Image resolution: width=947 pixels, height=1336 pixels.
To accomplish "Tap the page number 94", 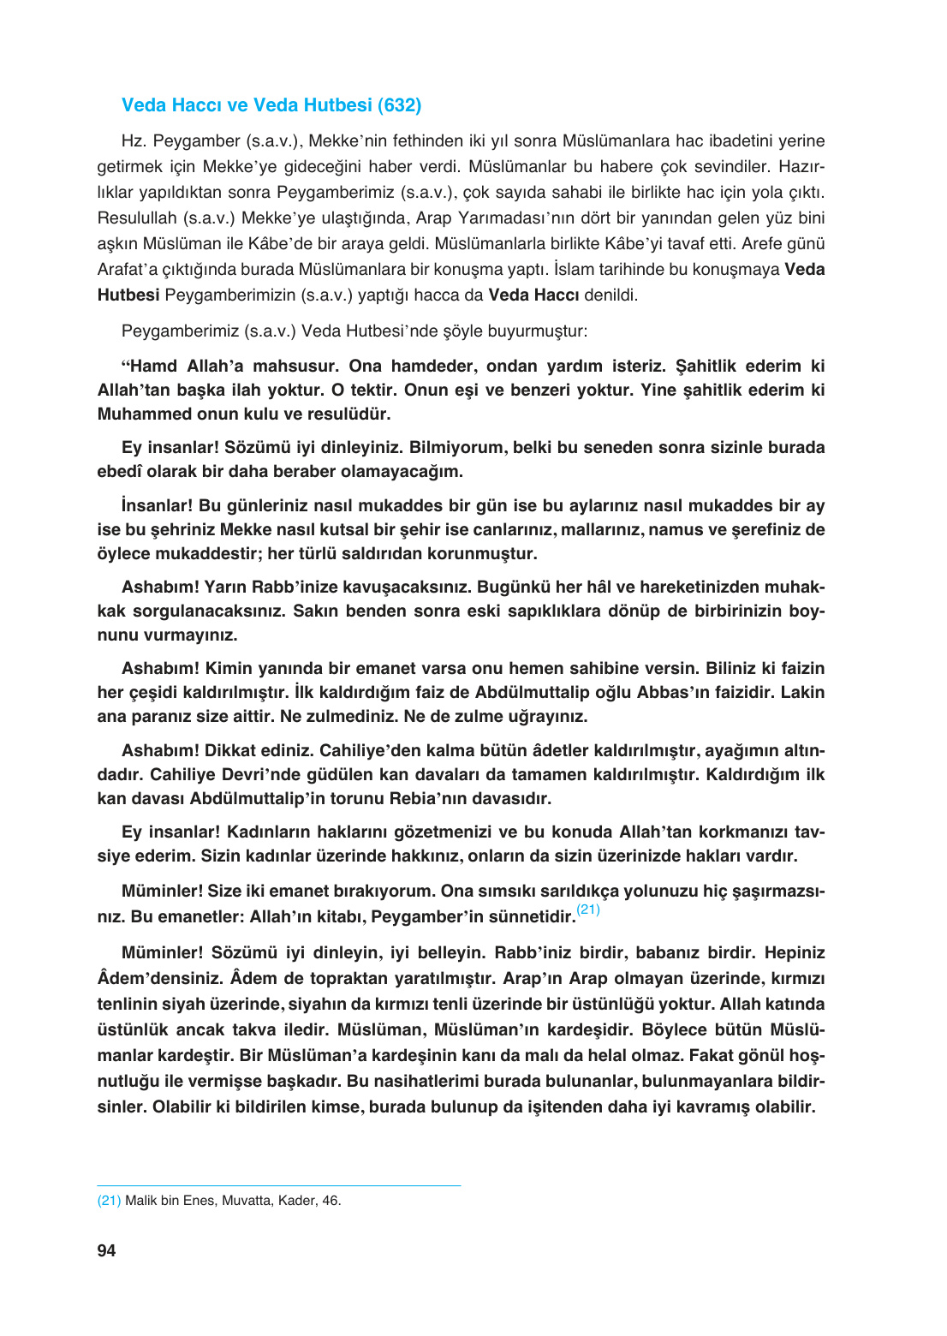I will (106, 1250).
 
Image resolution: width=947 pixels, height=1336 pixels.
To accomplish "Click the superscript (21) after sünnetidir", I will (588, 910).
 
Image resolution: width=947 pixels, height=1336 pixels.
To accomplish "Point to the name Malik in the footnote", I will (140, 1201).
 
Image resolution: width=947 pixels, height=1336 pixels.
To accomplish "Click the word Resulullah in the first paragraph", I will (137, 218).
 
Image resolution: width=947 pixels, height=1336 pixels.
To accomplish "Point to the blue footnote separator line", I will (278, 1185).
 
